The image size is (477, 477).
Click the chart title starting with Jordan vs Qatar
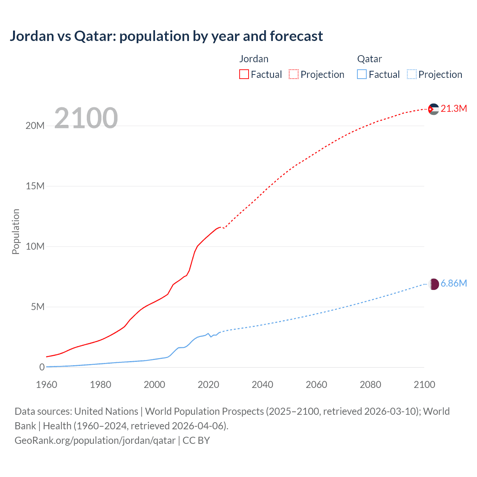(x=166, y=36)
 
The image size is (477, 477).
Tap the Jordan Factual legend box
(x=244, y=74)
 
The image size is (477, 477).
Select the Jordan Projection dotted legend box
(x=294, y=74)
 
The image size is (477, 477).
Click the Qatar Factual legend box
(x=362, y=74)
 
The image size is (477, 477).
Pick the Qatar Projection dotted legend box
(x=411, y=74)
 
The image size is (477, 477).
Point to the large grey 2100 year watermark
(x=86, y=118)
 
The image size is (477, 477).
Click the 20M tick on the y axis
(x=35, y=126)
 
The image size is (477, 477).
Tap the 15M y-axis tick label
(x=35, y=186)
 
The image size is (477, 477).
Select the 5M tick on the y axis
(x=37, y=307)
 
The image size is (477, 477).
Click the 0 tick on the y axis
(x=42, y=367)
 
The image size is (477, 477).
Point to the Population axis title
(x=16, y=231)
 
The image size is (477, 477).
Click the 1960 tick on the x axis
(x=47, y=385)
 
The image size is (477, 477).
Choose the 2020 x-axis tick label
(x=208, y=385)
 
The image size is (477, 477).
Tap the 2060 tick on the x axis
(x=316, y=385)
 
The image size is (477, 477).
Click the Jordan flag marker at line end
(x=433, y=109)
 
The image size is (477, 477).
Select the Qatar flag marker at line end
(x=433, y=284)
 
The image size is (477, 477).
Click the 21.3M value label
(x=454, y=108)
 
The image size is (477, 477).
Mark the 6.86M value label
(x=454, y=284)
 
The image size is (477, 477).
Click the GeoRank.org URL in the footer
(x=95, y=440)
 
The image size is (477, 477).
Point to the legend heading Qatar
(x=369, y=59)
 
